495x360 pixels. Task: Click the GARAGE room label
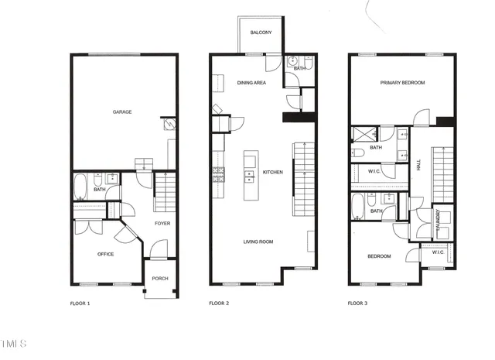coord(122,112)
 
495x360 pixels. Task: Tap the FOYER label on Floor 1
coord(162,224)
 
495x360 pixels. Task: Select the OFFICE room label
coord(106,254)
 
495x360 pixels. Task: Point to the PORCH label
coord(160,279)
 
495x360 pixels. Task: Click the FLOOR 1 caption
coord(76,303)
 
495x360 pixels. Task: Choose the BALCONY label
coord(261,33)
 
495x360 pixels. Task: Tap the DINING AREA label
coord(252,82)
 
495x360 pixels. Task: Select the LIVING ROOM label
coord(258,242)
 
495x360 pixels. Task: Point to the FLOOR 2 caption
coord(220,303)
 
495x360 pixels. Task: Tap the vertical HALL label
coord(418,165)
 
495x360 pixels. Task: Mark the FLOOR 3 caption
coord(357,303)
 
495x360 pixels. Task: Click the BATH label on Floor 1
coord(100,190)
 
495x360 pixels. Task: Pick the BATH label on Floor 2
coord(299,68)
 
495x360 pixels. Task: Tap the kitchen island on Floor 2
coord(250,175)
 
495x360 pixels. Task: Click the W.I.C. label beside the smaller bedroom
coord(437,252)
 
